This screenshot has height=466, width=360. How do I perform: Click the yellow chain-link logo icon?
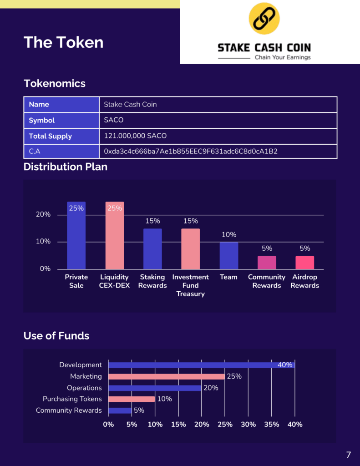pyautogui.click(x=264, y=18)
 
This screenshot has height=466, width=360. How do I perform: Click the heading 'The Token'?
pyautogui.click(x=63, y=42)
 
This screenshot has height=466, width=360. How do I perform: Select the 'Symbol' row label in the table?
pyautogui.click(x=42, y=120)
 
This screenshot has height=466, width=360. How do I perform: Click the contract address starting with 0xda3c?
pyautogui.click(x=191, y=151)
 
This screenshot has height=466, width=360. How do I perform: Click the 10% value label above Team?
pyautogui.click(x=229, y=235)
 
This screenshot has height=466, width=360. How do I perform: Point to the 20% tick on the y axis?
pyautogui.click(x=43, y=215)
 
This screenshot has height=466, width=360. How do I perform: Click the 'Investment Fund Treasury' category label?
pyautogui.click(x=190, y=285)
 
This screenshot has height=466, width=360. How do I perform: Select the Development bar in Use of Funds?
pyautogui.click(x=201, y=365)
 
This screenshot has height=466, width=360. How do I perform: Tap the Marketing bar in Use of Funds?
pyautogui.click(x=167, y=376)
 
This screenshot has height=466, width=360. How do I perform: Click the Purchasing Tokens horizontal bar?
pyautogui.click(x=132, y=399)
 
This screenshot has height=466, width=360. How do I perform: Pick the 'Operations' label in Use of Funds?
pyautogui.click(x=84, y=388)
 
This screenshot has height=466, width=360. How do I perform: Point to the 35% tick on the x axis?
pyautogui.click(x=272, y=424)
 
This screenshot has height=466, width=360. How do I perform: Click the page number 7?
pyautogui.click(x=349, y=455)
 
